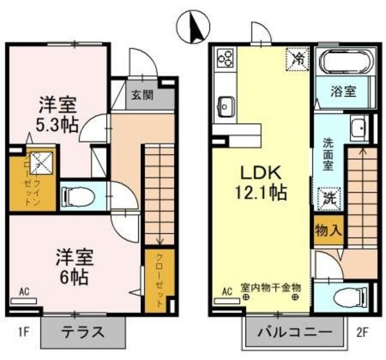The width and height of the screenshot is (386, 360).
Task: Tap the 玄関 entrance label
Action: (x=142, y=95)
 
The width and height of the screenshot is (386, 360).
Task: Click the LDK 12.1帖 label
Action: (x=262, y=183)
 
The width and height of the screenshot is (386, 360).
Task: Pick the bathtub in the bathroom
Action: (x=342, y=63)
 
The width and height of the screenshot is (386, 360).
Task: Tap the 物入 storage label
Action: (x=328, y=230)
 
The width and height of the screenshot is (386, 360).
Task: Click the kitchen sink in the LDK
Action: (x=227, y=107)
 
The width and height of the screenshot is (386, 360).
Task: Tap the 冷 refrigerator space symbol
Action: (x=298, y=58)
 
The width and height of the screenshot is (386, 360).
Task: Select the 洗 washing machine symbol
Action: (x=329, y=198)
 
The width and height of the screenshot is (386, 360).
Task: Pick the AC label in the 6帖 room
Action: (x=24, y=292)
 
